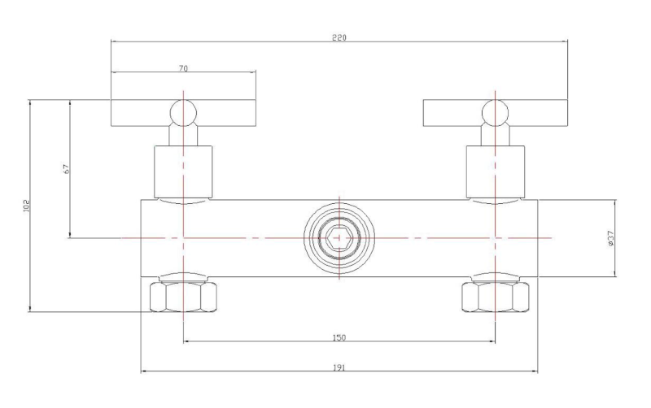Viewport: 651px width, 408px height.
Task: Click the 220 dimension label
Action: [x=339, y=37]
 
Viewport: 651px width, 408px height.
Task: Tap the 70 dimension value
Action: [x=183, y=68]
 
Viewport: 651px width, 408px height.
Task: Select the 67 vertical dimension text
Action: [x=67, y=169]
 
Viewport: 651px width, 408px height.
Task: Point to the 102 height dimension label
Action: [x=27, y=206]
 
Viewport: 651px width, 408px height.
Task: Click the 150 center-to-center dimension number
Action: [x=339, y=337]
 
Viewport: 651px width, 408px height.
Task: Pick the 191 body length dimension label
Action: [x=339, y=367]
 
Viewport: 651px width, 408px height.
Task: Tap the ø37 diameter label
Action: [x=611, y=239]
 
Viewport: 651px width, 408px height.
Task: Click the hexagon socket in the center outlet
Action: [x=339, y=238]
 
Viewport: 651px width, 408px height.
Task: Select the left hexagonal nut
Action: [x=183, y=297]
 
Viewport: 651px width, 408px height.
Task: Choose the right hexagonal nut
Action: [x=496, y=297]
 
